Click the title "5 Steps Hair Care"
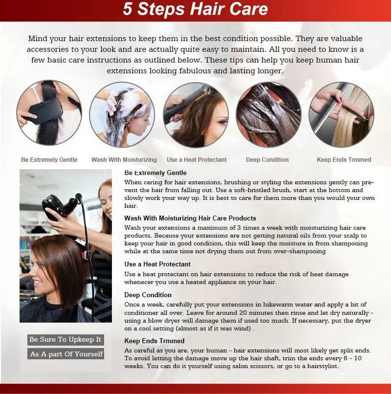[195, 9]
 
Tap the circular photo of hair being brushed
[49, 113]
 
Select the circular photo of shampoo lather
[122, 114]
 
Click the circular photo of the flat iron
[196, 114]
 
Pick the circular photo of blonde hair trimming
[342, 114]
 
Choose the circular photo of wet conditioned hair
[269, 114]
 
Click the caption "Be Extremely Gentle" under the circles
[49, 160]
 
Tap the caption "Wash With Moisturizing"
[124, 160]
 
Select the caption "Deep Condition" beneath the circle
[267, 160]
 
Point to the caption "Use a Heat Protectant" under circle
[196, 160]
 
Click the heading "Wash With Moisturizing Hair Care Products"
[190, 218]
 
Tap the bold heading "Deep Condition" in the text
[148, 295]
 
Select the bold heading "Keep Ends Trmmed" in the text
[154, 341]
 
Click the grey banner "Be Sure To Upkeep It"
[65, 340]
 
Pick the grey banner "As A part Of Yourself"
[65, 354]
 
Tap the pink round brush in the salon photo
[86, 255]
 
